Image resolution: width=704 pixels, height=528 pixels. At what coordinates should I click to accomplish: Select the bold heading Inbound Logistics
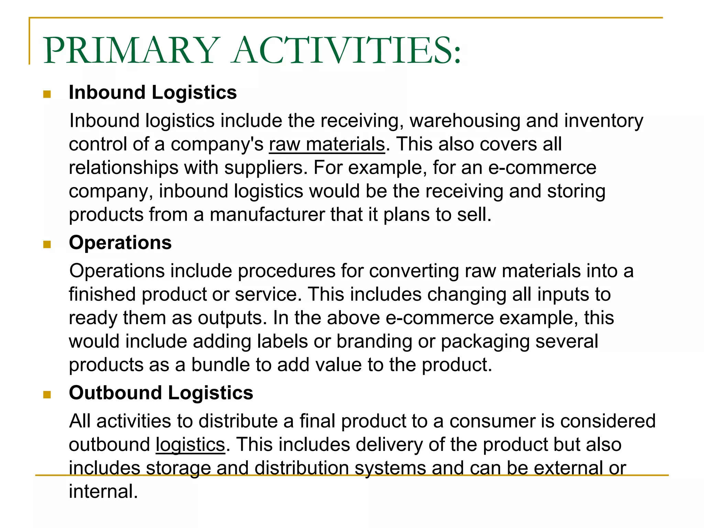click(153, 92)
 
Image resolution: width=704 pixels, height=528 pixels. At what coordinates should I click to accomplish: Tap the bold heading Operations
click(120, 243)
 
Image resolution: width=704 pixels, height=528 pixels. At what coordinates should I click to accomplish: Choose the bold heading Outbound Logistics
click(161, 393)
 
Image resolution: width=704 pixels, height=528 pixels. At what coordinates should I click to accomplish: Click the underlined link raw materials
click(327, 144)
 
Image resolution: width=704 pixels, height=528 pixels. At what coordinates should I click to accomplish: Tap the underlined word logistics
click(190, 444)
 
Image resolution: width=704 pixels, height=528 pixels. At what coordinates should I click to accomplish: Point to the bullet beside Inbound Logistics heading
click(47, 94)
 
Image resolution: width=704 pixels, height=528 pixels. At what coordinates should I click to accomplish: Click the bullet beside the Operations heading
click(47, 244)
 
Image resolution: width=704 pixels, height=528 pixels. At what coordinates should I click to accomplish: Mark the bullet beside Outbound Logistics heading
click(47, 394)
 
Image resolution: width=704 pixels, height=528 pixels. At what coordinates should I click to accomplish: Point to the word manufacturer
click(267, 214)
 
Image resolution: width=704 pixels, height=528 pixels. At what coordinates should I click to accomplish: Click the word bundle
click(220, 365)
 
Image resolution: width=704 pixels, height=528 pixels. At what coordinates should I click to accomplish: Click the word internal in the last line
click(103, 491)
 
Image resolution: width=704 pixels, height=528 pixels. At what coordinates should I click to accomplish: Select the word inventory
click(604, 121)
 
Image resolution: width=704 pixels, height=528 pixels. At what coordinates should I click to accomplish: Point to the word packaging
click(485, 342)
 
